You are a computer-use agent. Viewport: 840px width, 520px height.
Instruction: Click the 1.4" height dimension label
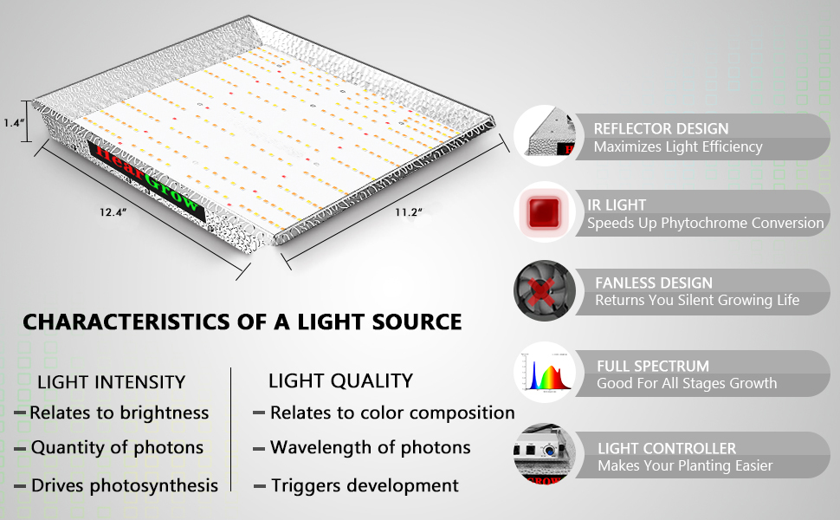tap(13, 123)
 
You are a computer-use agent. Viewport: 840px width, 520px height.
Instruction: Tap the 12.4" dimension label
tap(113, 212)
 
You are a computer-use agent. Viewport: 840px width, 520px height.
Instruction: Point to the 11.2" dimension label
tap(409, 212)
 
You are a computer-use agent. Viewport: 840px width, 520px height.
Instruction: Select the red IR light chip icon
tap(545, 212)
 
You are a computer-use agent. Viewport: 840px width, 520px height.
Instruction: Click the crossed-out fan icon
tap(545, 290)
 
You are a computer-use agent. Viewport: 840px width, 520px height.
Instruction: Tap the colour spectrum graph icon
tap(545, 373)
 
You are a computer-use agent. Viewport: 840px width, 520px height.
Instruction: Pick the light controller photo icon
tap(545, 453)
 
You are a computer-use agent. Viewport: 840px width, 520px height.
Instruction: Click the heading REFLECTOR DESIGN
tap(661, 128)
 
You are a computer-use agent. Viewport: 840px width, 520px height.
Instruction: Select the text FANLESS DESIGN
tap(654, 283)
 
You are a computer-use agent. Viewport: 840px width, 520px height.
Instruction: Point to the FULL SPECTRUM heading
tap(653, 366)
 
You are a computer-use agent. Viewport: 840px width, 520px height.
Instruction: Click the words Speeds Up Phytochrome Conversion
tap(706, 223)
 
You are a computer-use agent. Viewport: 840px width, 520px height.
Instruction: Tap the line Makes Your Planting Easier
tap(685, 466)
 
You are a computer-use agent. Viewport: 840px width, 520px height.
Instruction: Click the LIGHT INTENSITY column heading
tap(112, 382)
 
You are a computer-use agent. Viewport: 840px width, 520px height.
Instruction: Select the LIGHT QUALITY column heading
tap(340, 380)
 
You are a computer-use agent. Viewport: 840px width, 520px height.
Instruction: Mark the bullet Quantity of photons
tap(117, 447)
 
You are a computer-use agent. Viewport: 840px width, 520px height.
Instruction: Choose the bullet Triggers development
tap(365, 485)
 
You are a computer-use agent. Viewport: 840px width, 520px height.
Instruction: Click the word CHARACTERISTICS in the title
tap(126, 322)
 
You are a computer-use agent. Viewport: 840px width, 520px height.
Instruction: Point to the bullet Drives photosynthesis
tap(125, 485)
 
